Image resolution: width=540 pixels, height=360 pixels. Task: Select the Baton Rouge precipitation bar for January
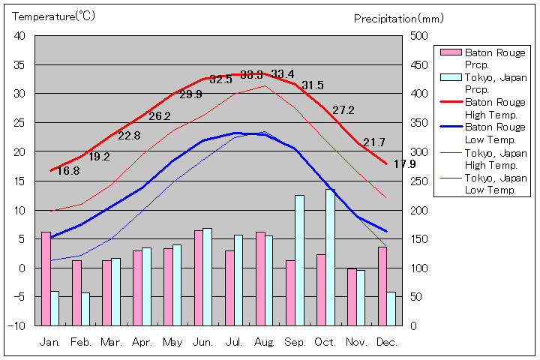click(46, 278)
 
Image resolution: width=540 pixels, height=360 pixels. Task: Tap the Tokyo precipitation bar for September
click(299, 260)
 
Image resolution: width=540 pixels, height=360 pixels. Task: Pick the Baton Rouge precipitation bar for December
click(382, 286)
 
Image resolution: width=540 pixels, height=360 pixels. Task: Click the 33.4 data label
click(283, 74)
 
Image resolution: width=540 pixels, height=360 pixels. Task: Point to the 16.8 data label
click(68, 171)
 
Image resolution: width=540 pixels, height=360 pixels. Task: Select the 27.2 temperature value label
click(343, 110)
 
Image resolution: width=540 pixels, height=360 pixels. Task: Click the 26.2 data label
click(160, 116)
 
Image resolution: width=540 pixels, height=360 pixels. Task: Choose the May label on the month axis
click(173, 342)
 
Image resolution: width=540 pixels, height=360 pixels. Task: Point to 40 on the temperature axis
click(19, 36)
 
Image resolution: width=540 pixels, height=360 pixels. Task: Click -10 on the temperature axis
click(16, 326)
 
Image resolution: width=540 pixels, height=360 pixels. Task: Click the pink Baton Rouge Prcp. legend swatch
click(450, 52)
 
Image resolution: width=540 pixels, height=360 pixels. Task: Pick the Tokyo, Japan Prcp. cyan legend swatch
click(450, 77)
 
